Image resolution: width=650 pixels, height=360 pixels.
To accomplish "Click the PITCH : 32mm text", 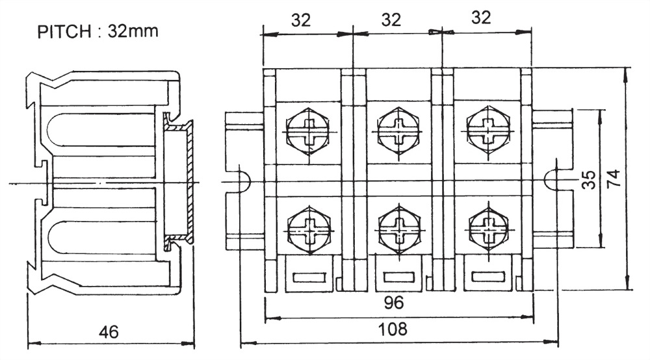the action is [x=98, y=31].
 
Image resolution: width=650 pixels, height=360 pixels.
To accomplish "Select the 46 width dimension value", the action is [x=109, y=332].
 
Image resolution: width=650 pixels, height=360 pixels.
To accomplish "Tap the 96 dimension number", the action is [x=393, y=303].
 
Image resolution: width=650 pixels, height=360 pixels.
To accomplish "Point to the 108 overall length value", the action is [x=393, y=329].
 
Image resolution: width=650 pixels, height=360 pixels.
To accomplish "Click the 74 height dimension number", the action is [x=614, y=178].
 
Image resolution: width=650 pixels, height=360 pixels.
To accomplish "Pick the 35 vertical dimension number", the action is [x=589, y=180].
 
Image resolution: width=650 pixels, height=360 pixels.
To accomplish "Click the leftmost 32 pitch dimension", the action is [x=300, y=20].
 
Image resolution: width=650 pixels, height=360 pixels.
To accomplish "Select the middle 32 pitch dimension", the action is [x=391, y=19].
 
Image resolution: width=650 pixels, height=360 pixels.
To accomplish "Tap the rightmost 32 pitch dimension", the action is [x=481, y=18].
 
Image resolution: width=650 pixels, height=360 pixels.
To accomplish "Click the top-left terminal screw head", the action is [x=307, y=131].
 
